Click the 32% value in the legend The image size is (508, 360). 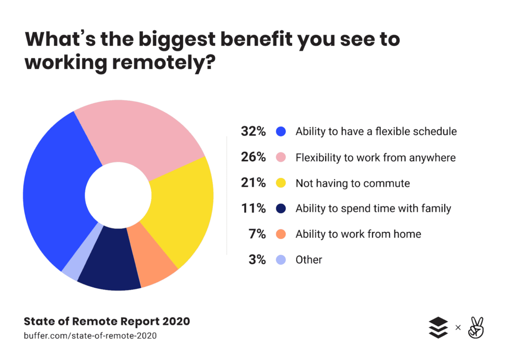(254, 132)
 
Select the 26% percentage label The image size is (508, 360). (254, 157)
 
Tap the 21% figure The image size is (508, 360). (254, 183)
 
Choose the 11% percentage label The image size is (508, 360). (254, 209)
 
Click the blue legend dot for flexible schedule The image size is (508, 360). (281, 132)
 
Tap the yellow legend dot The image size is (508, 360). (281, 183)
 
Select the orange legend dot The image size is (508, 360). (281, 234)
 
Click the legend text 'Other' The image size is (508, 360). (309, 260)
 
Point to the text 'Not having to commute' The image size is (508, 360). (353, 183)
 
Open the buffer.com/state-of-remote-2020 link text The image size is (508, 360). (90, 336)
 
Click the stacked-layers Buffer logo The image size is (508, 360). (438, 328)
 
